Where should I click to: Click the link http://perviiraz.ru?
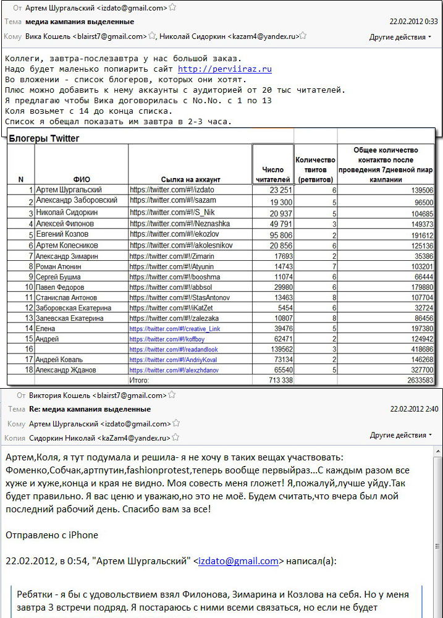pyautogui.click(x=224, y=69)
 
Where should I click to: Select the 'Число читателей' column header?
pyautogui.click(x=272, y=174)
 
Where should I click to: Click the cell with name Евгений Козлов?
pyautogui.click(x=62, y=235)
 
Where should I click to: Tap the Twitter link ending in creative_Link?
pyautogui.click(x=175, y=329)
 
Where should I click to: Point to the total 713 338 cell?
pyautogui.click(x=277, y=380)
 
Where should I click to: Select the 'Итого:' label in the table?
pyautogui.click(x=139, y=380)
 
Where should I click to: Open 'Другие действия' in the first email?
pyautogui.click(x=400, y=37)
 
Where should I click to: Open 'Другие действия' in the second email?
pyautogui.click(x=400, y=435)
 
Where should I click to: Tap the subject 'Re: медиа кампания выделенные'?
pyautogui.click(x=90, y=409)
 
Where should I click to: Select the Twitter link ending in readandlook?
pyautogui.click(x=174, y=349)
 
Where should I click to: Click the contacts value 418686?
pyautogui.click(x=420, y=349)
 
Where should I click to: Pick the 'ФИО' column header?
pyautogui.click(x=82, y=179)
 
